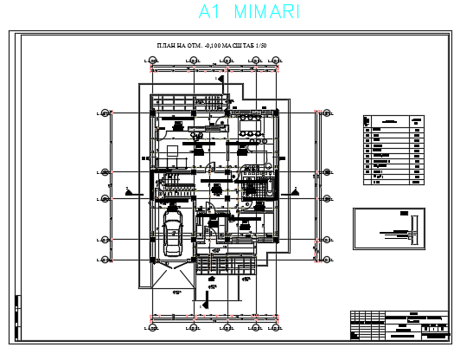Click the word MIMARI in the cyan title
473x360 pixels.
[267, 12]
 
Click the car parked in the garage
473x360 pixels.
[173, 233]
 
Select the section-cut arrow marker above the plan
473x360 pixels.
[221, 79]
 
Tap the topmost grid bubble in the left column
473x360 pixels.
[105, 112]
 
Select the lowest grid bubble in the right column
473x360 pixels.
[327, 259]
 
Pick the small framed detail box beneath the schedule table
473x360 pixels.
[389, 228]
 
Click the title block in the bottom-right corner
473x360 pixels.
[400, 328]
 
